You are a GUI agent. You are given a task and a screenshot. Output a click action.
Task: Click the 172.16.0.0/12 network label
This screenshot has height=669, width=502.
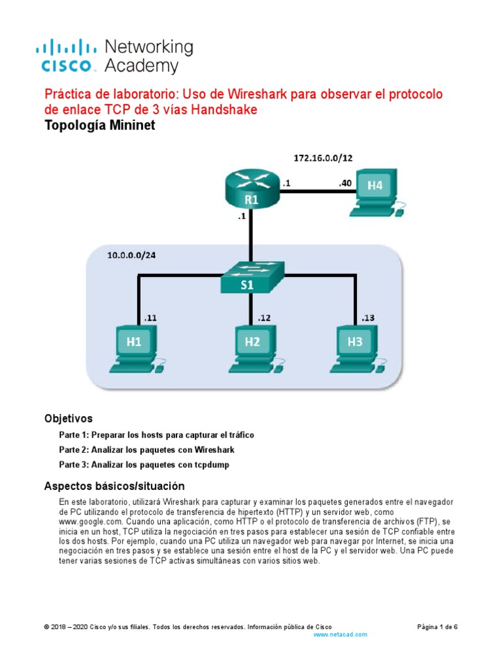tap(325, 157)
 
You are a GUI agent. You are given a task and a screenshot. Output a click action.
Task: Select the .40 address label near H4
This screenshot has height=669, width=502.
tap(345, 184)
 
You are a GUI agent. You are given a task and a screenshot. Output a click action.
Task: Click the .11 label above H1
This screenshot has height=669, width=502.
tap(150, 318)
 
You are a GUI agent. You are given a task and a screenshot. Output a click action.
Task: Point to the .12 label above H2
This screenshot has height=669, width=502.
tap(263, 318)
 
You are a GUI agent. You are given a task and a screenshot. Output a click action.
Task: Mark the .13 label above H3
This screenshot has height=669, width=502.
tap(369, 318)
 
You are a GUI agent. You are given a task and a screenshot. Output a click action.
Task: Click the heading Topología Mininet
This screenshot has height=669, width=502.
tap(99, 126)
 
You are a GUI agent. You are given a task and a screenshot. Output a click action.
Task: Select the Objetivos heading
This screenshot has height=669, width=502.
tap(68, 418)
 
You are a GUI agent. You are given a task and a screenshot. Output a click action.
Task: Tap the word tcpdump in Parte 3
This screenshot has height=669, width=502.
tap(209, 465)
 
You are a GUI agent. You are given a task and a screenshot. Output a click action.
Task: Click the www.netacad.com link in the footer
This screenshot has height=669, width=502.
tap(341, 634)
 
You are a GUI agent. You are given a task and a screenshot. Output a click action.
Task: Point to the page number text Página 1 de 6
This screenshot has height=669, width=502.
tap(437, 627)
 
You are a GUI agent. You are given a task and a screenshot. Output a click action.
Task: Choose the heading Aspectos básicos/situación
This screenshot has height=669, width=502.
tap(114, 486)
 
